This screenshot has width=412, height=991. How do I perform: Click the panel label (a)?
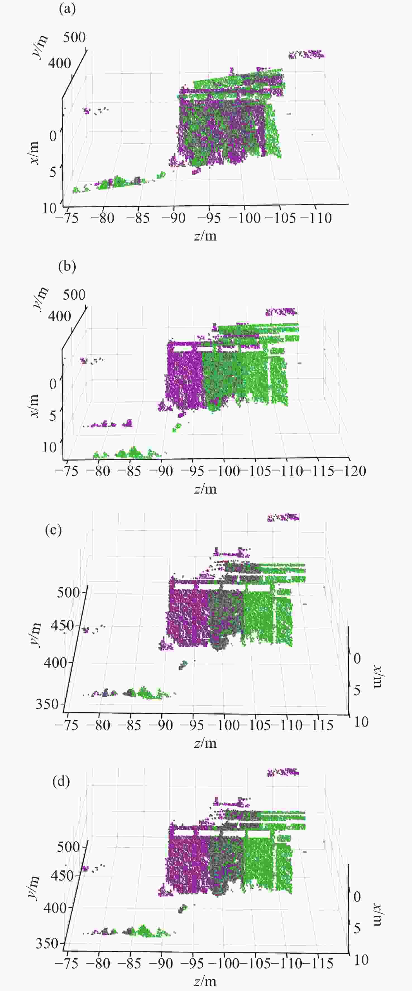(67, 8)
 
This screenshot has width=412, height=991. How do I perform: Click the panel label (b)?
(67, 266)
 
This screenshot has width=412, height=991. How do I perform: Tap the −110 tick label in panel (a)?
(316, 218)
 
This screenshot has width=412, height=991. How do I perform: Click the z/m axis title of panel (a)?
(205, 235)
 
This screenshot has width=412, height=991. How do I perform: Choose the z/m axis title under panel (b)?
(205, 489)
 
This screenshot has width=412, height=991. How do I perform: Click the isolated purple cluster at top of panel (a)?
(306, 54)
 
